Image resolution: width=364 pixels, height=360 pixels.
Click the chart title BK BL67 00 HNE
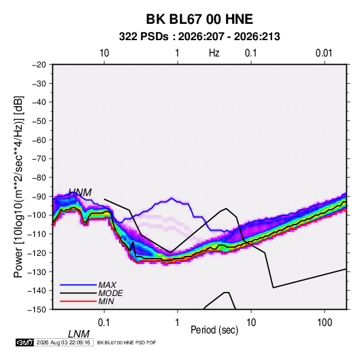point(199,19)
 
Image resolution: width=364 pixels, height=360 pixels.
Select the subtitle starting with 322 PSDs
point(199,37)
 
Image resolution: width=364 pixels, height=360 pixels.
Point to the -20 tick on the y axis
point(39,65)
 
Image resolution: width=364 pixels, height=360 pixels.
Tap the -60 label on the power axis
point(39,140)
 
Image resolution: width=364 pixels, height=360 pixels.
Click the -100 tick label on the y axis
point(37,215)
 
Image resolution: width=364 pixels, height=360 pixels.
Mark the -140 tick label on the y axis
point(37,291)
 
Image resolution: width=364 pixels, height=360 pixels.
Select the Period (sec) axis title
point(214,330)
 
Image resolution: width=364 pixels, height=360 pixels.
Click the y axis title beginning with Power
point(18,187)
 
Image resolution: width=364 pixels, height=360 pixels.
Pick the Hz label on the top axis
point(214,53)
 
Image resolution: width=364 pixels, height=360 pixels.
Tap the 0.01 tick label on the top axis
point(324,53)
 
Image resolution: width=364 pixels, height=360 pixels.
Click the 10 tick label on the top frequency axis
point(104,53)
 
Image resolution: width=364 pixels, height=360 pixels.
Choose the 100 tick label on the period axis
point(325,323)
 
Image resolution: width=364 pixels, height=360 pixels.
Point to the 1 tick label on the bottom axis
point(178,323)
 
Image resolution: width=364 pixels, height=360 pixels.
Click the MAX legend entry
point(107,285)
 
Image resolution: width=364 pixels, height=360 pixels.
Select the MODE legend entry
point(110,293)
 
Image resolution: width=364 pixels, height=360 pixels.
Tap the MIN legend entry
point(106,301)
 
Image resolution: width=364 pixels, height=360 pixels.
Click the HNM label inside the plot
point(80,193)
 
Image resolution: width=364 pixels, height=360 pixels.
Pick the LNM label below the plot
point(79,334)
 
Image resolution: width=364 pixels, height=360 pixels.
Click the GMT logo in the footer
point(24,342)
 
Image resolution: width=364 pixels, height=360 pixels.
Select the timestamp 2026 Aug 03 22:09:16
point(63,342)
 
